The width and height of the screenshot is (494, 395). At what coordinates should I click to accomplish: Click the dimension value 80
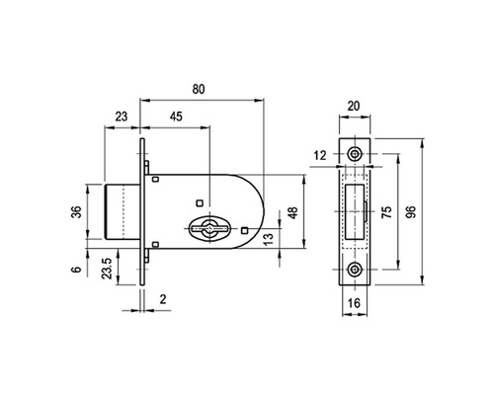coord(200,90)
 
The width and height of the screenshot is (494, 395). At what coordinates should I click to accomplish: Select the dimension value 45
coord(175,117)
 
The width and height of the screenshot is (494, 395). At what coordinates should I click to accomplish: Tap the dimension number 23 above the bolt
coord(122,117)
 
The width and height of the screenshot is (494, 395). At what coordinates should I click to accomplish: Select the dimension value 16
coord(355,304)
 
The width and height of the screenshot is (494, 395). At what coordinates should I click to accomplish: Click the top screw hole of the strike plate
coord(355,153)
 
